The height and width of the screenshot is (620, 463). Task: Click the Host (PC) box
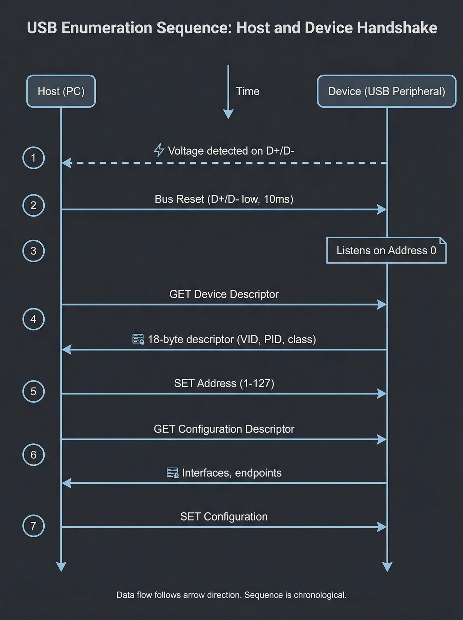click(x=61, y=91)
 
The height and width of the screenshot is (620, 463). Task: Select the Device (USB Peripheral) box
click(x=386, y=91)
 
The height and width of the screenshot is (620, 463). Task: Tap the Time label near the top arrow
click(x=247, y=91)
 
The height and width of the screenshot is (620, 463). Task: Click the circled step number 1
click(x=33, y=158)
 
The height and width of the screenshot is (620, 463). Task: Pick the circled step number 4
click(x=33, y=319)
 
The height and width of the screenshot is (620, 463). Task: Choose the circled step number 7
click(x=33, y=526)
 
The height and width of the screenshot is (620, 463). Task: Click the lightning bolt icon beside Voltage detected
click(x=159, y=150)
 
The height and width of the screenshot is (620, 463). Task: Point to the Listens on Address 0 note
click(x=386, y=250)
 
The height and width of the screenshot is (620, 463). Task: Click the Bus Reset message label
click(x=224, y=199)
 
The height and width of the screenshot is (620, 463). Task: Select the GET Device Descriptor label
click(x=224, y=294)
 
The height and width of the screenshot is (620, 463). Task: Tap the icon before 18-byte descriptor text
click(x=138, y=339)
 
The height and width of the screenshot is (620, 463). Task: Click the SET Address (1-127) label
click(x=224, y=383)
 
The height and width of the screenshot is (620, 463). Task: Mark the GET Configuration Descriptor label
click(x=224, y=429)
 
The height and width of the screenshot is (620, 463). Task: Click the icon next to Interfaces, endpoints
click(x=172, y=473)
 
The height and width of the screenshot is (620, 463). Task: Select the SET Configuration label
click(x=224, y=517)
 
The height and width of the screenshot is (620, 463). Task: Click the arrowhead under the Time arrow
click(x=228, y=114)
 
